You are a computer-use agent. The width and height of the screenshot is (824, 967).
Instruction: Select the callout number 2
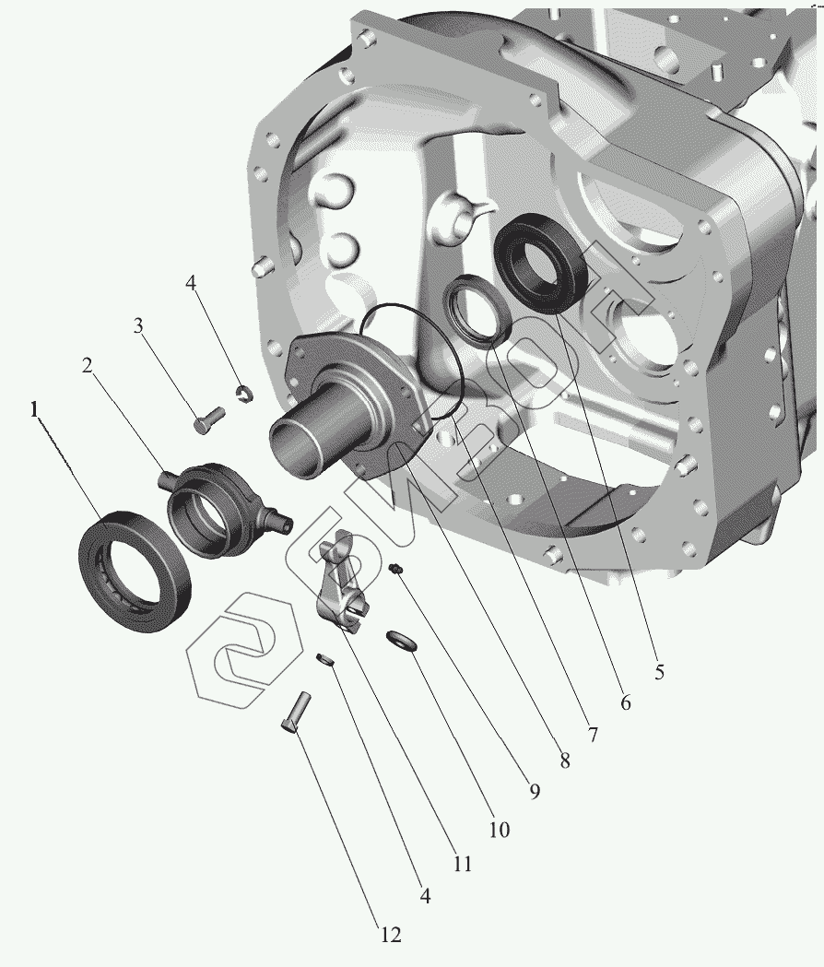[87, 366]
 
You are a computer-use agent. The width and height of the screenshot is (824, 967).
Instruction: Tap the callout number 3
[138, 325]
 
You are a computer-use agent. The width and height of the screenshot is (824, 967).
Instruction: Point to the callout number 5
[659, 672]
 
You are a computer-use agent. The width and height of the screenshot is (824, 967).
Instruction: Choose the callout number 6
[625, 702]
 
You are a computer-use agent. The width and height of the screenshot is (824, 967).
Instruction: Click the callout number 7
[593, 735]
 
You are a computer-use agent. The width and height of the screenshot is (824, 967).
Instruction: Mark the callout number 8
[564, 761]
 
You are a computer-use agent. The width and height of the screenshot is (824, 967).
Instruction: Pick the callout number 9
[534, 791]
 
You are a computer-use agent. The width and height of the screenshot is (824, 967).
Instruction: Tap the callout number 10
[499, 830]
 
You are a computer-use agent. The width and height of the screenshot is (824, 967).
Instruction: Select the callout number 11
[462, 864]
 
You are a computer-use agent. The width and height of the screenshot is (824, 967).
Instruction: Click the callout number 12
[390, 935]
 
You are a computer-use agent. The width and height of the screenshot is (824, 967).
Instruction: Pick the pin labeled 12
[296, 711]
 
